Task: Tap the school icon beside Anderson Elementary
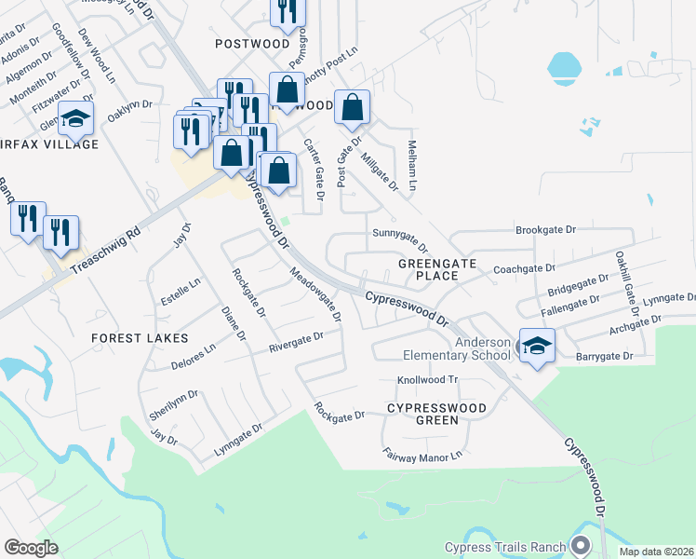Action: [x=537, y=347]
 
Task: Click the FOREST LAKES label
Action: [x=140, y=338]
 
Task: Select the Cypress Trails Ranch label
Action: [x=505, y=547]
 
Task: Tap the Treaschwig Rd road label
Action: [x=103, y=245]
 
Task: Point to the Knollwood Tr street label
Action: [x=429, y=380]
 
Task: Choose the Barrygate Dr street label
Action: [x=604, y=356]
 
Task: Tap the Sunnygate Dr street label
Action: [x=400, y=239]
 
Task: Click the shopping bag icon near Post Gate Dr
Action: [x=353, y=109]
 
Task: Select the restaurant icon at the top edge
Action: [x=288, y=10]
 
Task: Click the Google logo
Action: [x=31, y=547]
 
